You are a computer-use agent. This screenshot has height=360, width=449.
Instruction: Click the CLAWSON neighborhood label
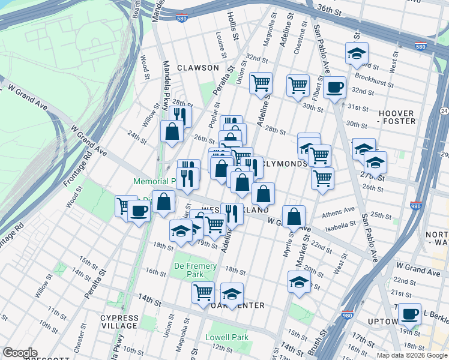click(197, 68)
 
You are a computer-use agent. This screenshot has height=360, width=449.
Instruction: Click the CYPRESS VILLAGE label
click(119, 322)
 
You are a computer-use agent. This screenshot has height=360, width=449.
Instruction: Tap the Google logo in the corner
click(20, 353)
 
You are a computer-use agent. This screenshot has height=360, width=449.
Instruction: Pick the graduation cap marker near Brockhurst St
click(357, 54)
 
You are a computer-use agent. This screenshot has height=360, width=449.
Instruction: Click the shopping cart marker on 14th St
click(203, 292)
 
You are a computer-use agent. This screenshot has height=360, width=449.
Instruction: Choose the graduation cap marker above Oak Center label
click(232, 293)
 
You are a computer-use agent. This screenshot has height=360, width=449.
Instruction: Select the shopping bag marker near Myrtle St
click(294, 217)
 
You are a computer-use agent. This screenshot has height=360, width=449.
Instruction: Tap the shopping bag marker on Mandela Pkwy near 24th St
click(172, 131)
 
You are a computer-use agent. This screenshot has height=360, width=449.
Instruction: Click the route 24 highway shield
click(444, 110)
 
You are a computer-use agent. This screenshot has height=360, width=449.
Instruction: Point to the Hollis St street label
click(234, 28)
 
